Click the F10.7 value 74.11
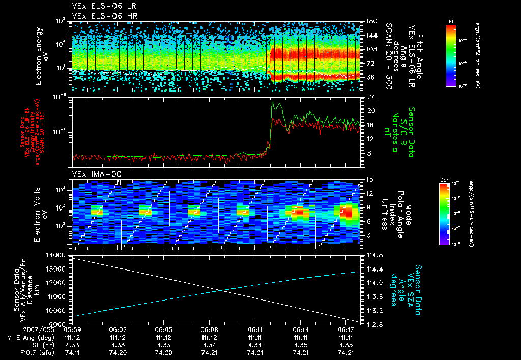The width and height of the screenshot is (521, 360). click(x=72, y=352)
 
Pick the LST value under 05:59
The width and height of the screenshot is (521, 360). click(x=72, y=345)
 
